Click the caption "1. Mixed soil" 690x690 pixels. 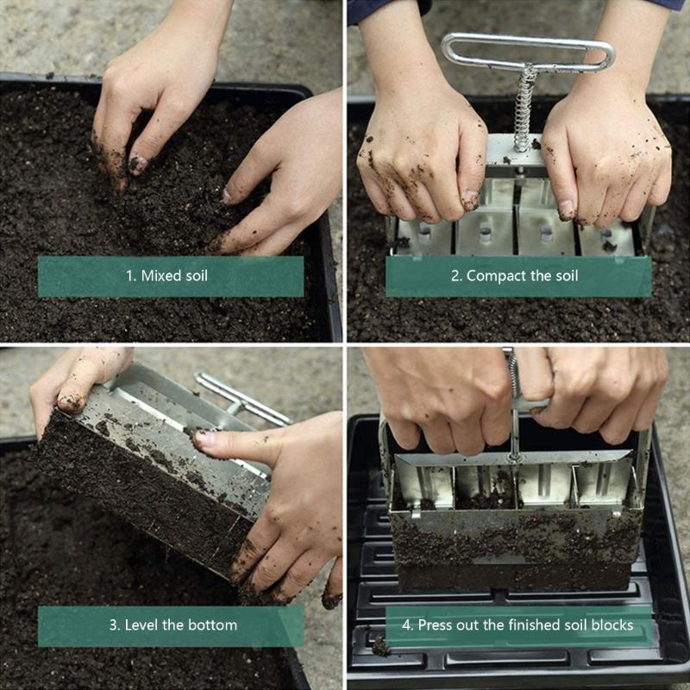(x=170, y=277)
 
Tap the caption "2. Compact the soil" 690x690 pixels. (x=517, y=277)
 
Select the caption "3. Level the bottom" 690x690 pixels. (x=172, y=624)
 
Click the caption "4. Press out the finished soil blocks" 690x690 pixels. (x=518, y=624)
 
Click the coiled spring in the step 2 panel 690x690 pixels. (x=523, y=108)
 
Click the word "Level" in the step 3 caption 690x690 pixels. (x=142, y=624)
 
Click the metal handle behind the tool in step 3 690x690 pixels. (x=241, y=399)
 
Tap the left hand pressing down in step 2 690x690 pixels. (x=423, y=155)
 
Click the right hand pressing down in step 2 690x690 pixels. (x=604, y=155)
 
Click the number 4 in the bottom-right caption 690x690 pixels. (x=408, y=624)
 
